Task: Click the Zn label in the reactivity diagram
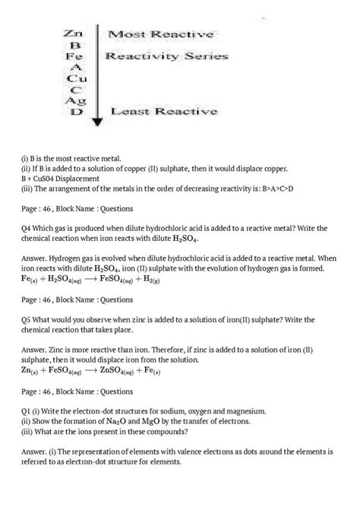click(x=74, y=34)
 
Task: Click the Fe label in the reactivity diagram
click(x=74, y=57)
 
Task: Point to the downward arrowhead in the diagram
click(x=97, y=119)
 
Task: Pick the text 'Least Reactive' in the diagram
click(x=163, y=112)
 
